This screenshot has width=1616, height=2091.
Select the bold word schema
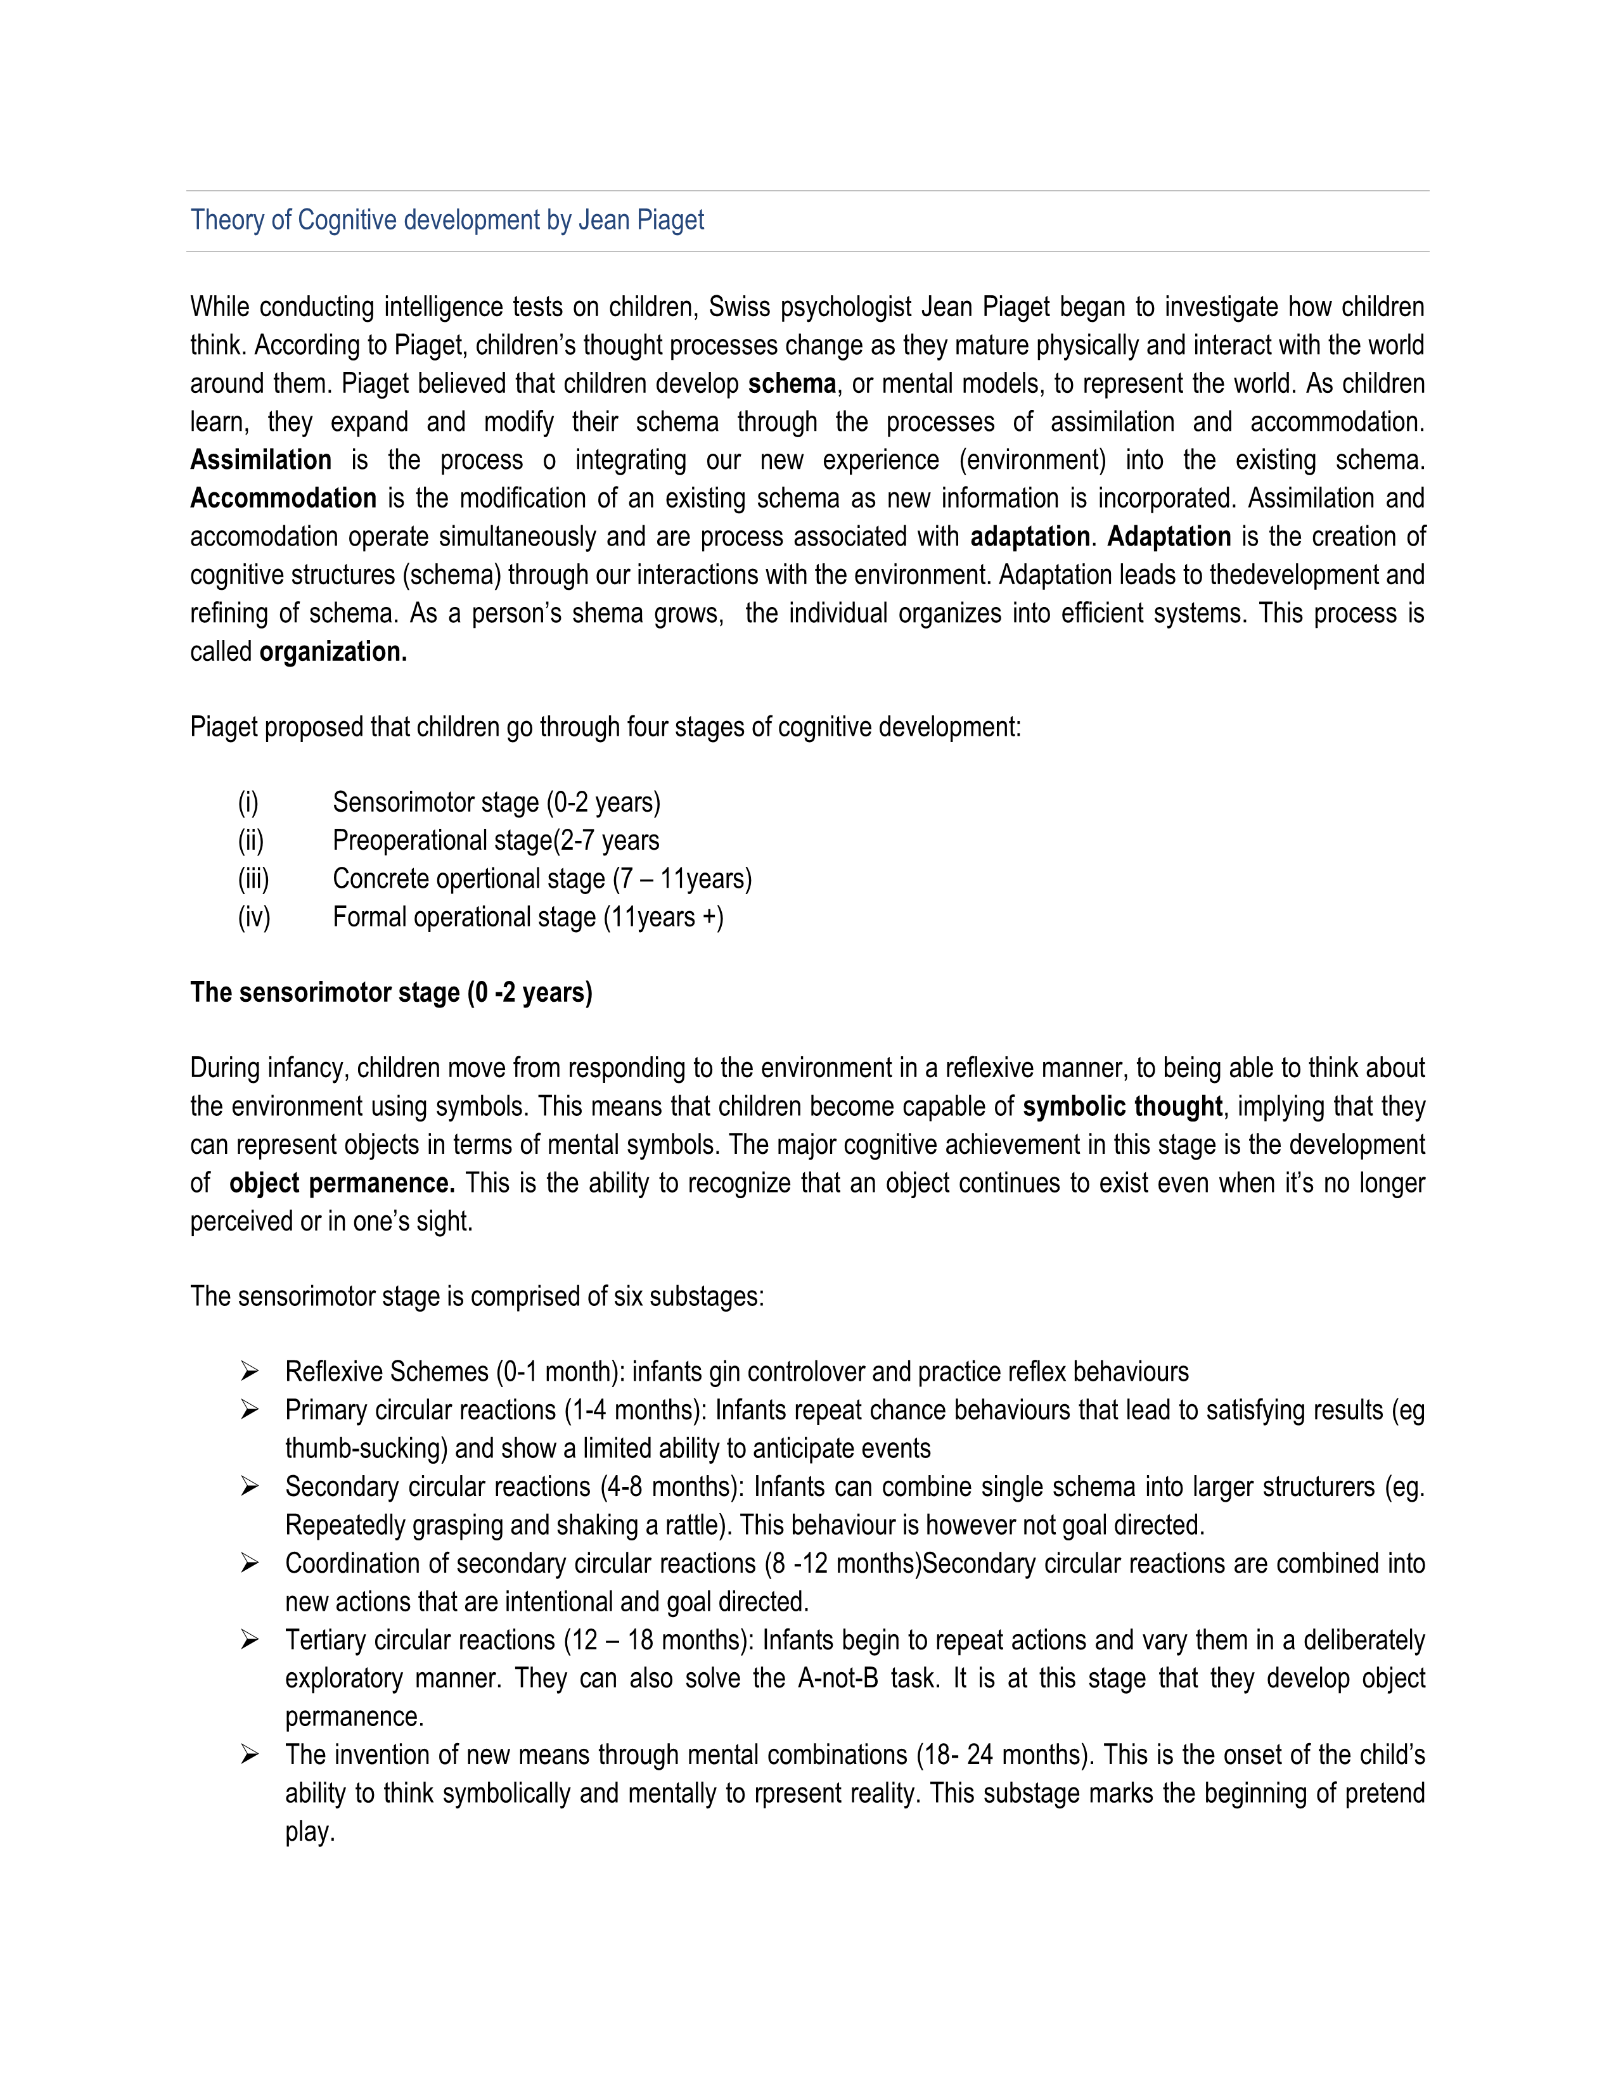[x=792, y=384]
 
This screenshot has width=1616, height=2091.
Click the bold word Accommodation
[x=283, y=499]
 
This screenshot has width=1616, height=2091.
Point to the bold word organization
[x=333, y=652]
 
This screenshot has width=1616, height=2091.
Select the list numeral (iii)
[x=253, y=879]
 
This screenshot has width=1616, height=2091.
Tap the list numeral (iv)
[x=253, y=918]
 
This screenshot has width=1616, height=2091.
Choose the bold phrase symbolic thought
[x=1122, y=1107]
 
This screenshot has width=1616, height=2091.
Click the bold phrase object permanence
[x=342, y=1184]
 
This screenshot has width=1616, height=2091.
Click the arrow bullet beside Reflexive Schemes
[x=250, y=1372]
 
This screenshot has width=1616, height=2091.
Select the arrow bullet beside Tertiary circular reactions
[x=250, y=1640]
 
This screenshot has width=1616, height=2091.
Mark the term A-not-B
[x=838, y=1679]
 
